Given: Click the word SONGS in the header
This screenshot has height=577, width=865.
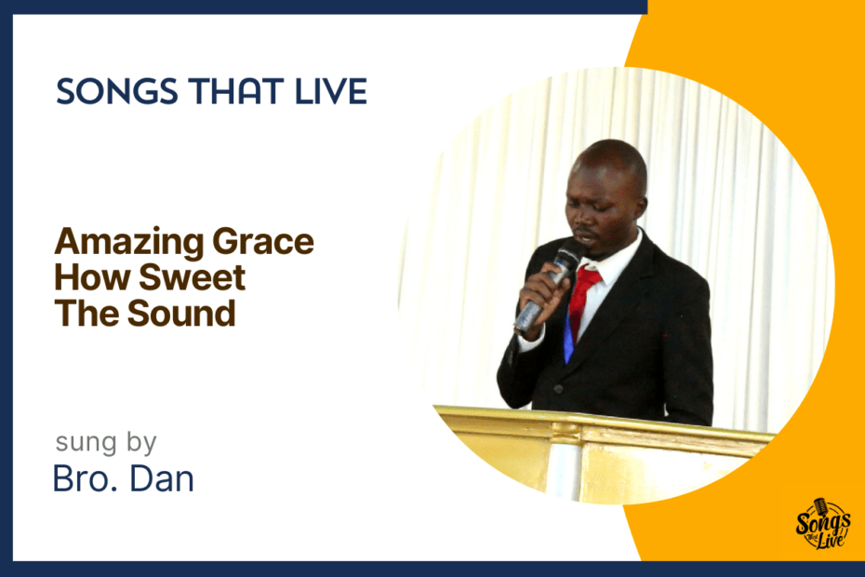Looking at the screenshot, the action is (117, 91).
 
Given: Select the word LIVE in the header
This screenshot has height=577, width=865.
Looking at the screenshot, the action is (331, 91).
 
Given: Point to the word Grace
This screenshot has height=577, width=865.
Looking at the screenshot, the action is (263, 241).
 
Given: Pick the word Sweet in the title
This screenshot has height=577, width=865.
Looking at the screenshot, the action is (192, 277).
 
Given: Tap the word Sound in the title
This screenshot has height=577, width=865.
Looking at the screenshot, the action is (181, 313).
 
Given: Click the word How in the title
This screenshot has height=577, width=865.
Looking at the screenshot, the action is (92, 277).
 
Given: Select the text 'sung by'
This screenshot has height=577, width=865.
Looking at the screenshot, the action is (106, 443).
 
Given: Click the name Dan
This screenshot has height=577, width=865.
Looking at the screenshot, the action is (162, 478).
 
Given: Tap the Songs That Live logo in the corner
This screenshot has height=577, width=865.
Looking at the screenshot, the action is (822, 523).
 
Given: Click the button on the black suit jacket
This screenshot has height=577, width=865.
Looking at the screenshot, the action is (558, 389).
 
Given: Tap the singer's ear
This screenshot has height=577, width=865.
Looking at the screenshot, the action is (640, 207).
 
